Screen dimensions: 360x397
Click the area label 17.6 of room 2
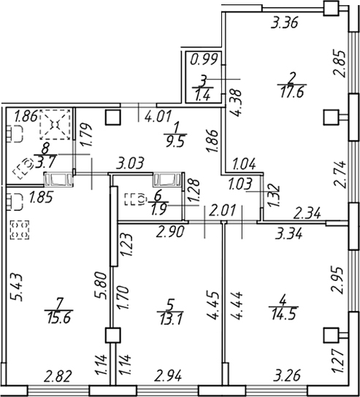292,93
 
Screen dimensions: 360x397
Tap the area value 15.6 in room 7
58,318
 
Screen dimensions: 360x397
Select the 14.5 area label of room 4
284,315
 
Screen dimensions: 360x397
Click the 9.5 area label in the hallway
175,142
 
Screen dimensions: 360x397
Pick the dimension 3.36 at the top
284,23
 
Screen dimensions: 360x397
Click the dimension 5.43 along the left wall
18,288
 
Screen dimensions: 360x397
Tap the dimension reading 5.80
100,285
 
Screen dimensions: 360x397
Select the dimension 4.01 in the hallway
158,116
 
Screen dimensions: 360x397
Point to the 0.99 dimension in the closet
204,60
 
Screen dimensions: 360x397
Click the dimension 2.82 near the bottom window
58,376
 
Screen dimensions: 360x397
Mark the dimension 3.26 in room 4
287,376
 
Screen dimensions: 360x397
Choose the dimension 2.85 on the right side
340,64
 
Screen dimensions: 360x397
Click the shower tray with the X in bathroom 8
55,125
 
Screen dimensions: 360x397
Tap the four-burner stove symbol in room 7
20,230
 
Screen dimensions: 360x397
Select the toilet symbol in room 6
135,199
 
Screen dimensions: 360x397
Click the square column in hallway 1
112,117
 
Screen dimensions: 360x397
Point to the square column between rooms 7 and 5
112,335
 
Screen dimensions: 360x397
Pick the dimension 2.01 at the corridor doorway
222,210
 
